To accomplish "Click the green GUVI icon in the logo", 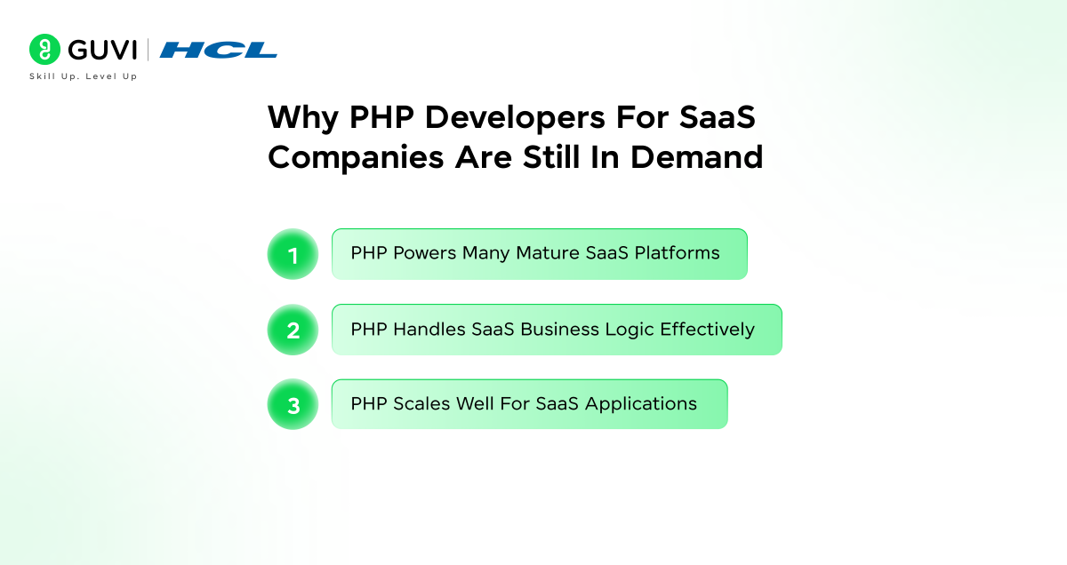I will coord(44,49).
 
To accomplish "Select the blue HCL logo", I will coord(218,50).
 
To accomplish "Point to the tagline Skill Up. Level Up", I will coord(84,76).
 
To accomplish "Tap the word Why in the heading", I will coord(303,118).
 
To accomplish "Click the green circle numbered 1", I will coord(293,255).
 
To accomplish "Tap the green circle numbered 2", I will coord(293,330).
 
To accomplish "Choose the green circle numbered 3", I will coord(293,405).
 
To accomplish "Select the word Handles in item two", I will coord(426,330).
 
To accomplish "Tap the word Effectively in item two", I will coord(707,330).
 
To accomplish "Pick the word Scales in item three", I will coord(421,404).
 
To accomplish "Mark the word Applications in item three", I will coord(641,404).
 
